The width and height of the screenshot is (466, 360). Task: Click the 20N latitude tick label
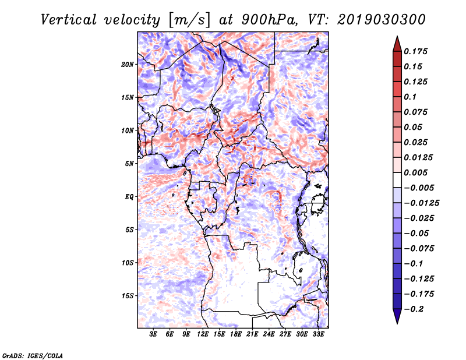[128, 65]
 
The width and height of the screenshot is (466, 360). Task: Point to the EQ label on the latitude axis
[129, 197]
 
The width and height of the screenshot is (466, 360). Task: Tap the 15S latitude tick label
[128, 296]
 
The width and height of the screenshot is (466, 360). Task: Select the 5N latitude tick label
[129, 164]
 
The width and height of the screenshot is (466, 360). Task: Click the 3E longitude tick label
[153, 334]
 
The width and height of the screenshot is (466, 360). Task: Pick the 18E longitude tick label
[236, 334]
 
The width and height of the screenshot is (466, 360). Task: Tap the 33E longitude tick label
[318, 334]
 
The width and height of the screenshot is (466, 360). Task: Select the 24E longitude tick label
[269, 334]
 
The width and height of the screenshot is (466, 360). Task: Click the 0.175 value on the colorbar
[415, 51]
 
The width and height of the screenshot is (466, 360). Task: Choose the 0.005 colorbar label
[415, 172]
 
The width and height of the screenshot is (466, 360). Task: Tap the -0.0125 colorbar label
[421, 203]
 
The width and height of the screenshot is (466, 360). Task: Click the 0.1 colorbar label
[410, 97]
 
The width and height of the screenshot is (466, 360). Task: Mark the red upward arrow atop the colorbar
[397, 44]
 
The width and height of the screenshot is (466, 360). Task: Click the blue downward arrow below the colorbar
[397, 316]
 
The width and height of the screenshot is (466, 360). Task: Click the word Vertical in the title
[69, 20]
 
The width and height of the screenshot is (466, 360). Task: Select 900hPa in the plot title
[270, 20]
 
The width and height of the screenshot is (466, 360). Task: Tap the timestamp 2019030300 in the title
[382, 20]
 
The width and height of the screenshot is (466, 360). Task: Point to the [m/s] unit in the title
[190, 20]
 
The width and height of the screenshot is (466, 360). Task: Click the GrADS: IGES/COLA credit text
[33, 355]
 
